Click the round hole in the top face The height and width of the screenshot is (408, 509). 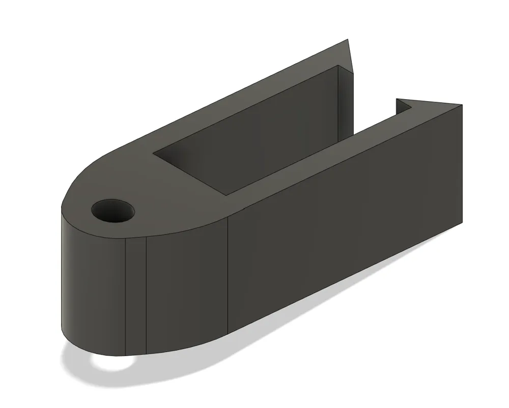tap(113, 210)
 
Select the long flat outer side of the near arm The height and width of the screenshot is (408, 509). tap(346, 214)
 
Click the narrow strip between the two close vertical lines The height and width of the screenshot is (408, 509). tap(136, 295)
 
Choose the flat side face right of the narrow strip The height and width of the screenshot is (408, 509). tap(186, 285)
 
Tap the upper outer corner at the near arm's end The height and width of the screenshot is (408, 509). tap(462, 105)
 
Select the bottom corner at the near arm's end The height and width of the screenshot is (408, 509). tap(462, 223)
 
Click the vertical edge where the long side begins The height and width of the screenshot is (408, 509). tap(228, 275)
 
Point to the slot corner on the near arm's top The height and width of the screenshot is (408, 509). tap(228, 194)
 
